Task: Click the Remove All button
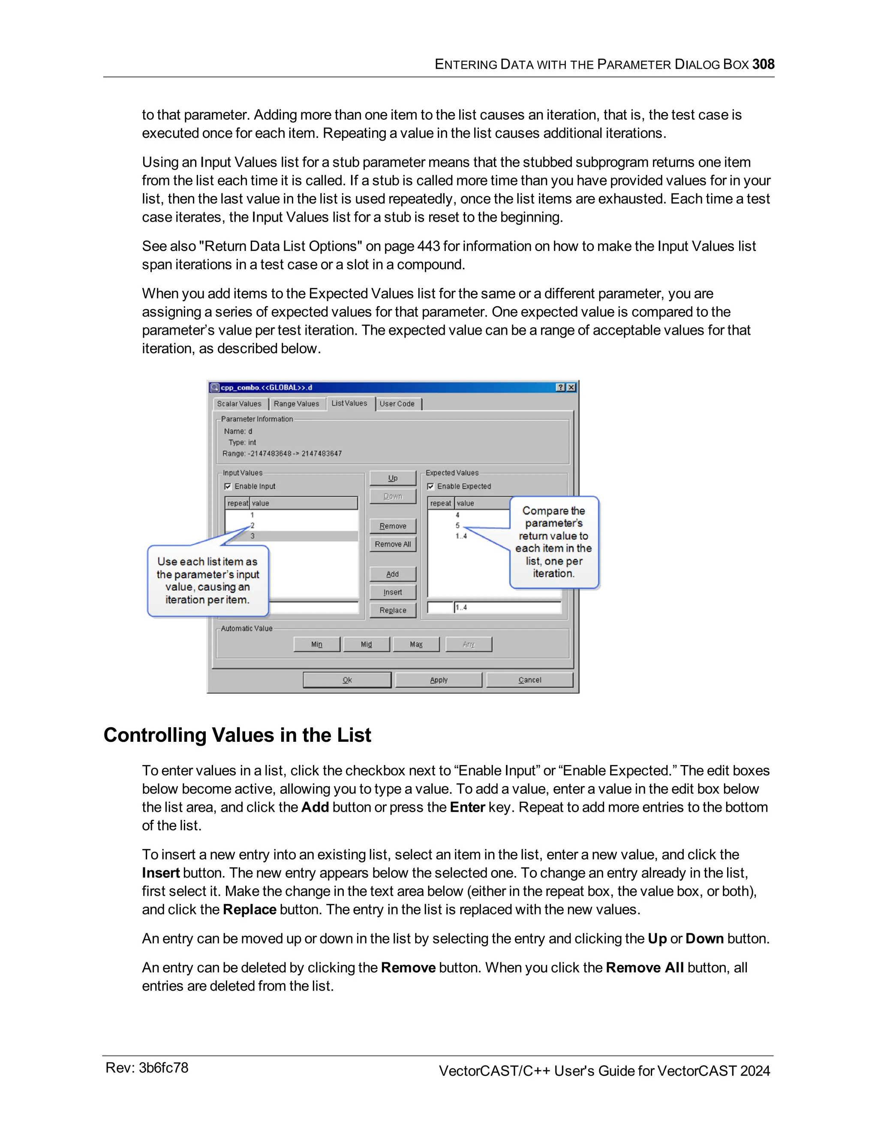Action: coord(393,544)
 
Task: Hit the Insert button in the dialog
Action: coord(393,592)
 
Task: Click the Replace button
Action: coord(393,610)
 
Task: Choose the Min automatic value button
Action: coord(317,644)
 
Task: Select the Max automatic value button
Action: coord(416,644)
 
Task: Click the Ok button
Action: coord(347,680)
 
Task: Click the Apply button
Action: coord(439,680)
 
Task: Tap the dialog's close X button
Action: coord(571,387)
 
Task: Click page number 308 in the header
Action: coord(763,64)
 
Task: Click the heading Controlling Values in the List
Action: coord(237,735)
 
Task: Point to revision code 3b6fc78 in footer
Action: coord(163,1068)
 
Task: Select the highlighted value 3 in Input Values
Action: coord(253,536)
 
